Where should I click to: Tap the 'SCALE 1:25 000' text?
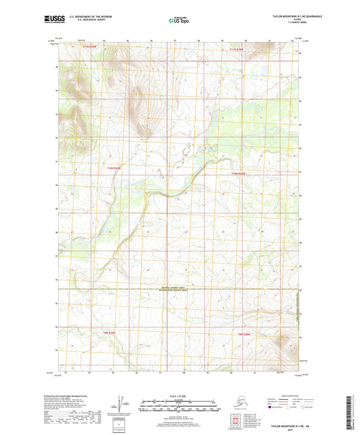click(180, 394)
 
